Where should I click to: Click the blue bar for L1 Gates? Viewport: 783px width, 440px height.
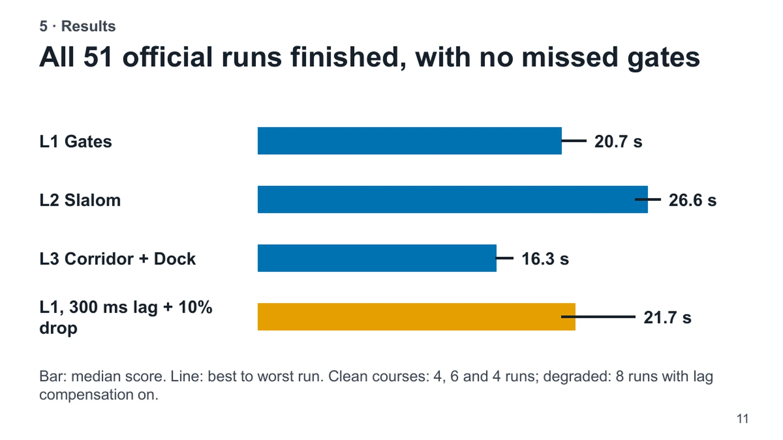(x=409, y=141)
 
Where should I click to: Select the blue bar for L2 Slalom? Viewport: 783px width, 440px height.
(x=453, y=199)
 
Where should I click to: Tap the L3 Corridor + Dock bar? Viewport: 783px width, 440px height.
(x=377, y=258)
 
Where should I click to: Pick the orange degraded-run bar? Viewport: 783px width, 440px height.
(x=416, y=317)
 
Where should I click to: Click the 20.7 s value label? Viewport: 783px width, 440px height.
(x=619, y=142)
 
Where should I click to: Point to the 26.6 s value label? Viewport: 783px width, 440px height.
(x=692, y=200)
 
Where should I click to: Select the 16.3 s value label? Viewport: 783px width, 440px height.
(x=545, y=259)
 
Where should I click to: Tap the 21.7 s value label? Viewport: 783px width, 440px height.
(x=668, y=318)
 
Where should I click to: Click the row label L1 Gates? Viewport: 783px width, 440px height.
(x=75, y=142)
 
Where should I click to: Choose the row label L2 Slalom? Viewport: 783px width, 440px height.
(x=80, y=200)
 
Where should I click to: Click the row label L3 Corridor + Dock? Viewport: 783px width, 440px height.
(x=117, y=259)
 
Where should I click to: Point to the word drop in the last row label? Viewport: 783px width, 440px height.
(x=58, y=328)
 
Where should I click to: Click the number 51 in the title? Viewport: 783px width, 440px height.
(x=98, y=57)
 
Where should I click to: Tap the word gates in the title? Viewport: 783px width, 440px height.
(x=664, y=59)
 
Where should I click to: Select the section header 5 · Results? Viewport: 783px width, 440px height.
(x=77, y=26)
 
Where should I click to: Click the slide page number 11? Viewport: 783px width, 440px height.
(x=742, y=418)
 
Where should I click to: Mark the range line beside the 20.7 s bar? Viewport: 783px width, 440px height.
(x=574, y=141)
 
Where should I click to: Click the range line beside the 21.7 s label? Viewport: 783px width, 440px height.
(x=598, y=317)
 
